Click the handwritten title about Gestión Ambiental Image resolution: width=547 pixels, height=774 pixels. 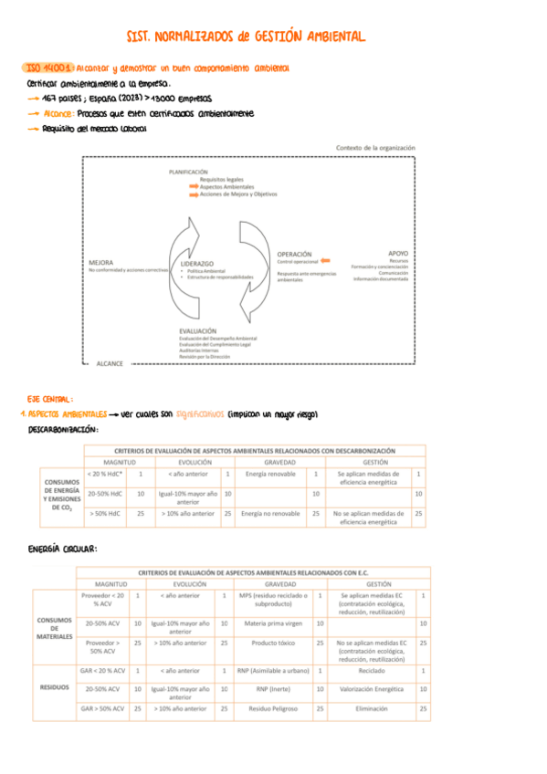[x=247, y=37]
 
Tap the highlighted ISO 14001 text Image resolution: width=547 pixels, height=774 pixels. [x=45, y=68]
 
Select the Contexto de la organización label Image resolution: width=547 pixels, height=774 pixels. [x=375, y=147]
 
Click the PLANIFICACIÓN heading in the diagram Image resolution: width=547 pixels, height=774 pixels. [x=188, y=172]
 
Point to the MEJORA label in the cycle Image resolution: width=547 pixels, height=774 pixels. [x=102, y=262]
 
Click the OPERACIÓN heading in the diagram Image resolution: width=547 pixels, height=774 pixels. [x=295, y=254]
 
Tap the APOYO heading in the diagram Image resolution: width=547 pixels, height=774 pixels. [x=398, y=253]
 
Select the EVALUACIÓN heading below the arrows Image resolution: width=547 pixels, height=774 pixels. [x=198, y=330]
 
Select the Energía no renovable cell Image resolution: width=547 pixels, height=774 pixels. [x=269, y=514]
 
